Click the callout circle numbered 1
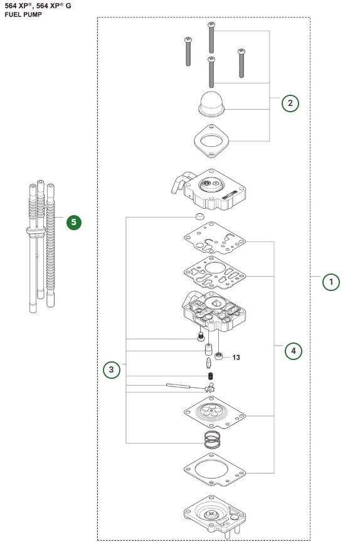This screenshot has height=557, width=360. pos(332,282)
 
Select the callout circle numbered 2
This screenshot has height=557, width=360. pos(289,103)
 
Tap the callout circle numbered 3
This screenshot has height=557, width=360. pos(112,370)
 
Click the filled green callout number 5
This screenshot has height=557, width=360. pos(75,222)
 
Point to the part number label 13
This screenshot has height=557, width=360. pos(236,358)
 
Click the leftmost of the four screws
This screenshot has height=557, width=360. pos(188,53)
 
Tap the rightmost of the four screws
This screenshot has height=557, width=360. pos(241,63)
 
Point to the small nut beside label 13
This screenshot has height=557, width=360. pos(220,357)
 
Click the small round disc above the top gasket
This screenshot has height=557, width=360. pos(199,216)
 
